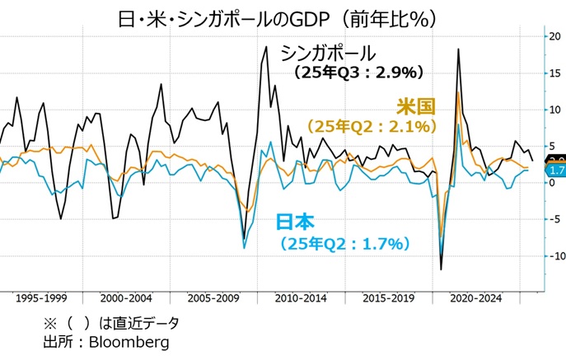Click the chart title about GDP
283,16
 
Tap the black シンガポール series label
328,53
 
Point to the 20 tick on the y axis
553,36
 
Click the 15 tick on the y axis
553,72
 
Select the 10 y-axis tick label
553,110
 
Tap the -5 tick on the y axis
553,220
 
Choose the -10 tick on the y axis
551,256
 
